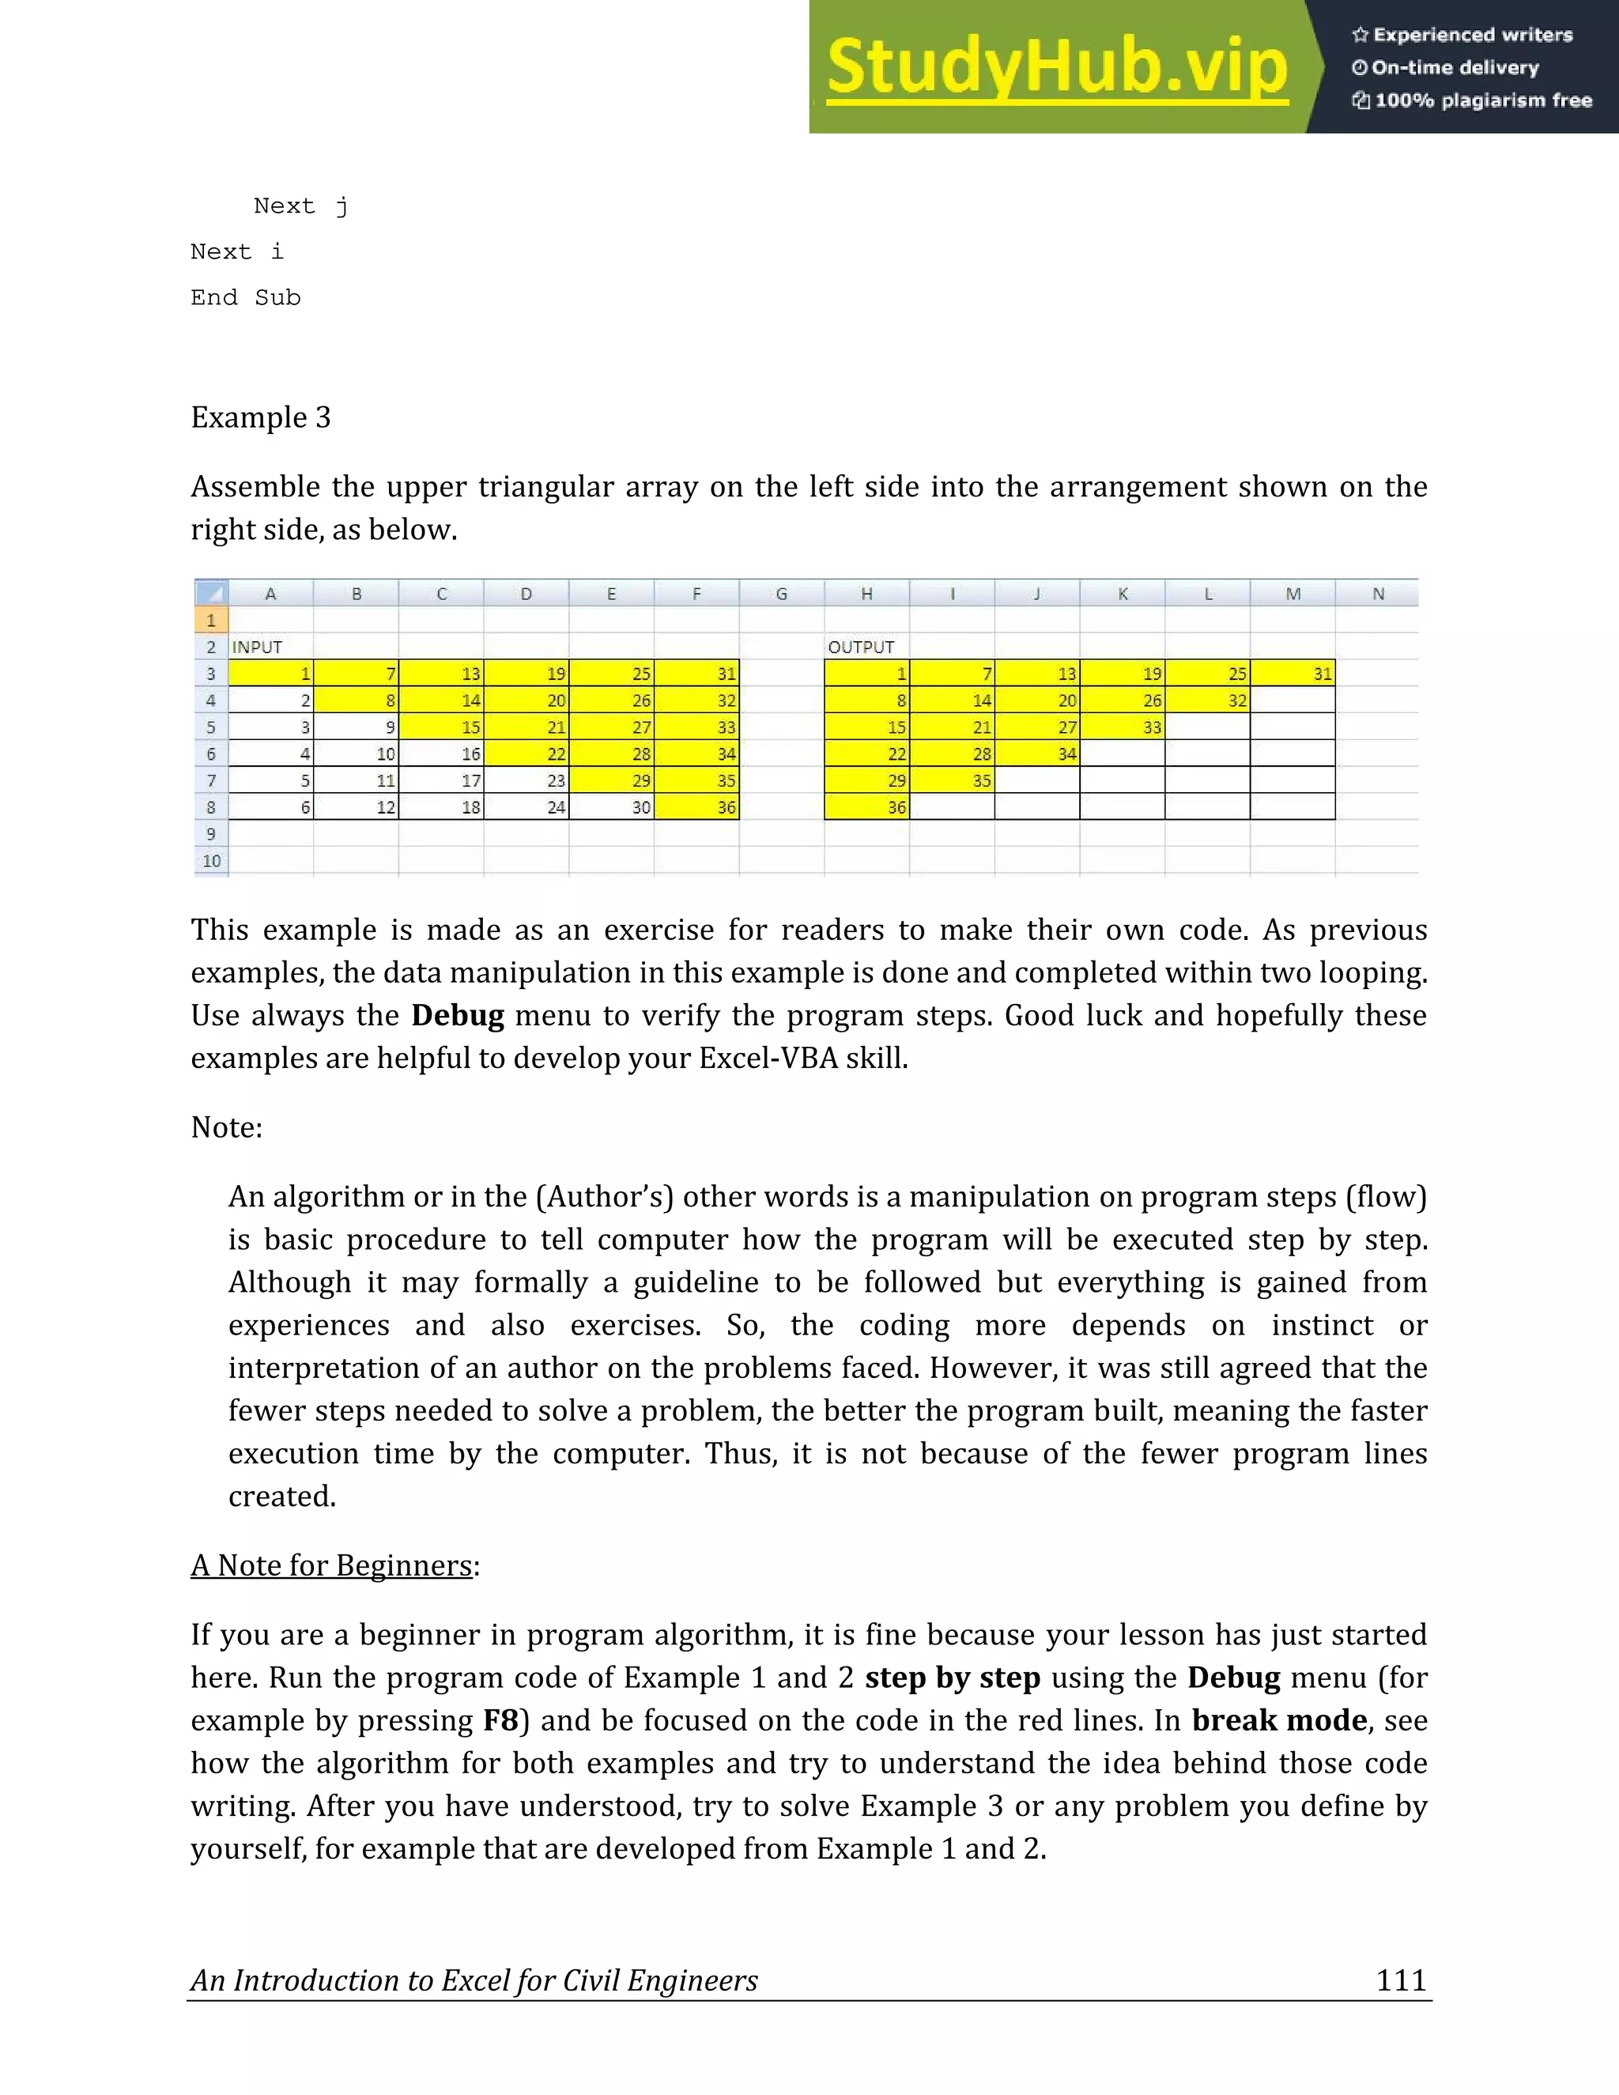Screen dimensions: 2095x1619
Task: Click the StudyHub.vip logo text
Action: (1056, 67)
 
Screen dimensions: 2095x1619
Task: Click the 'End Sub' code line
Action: (246, 297)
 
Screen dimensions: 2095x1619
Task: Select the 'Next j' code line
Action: (300, 206)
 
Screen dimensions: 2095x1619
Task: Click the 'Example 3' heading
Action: (261, 417)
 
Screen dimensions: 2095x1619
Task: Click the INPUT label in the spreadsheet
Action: (257, 647)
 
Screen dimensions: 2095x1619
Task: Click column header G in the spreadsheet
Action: (782, 594)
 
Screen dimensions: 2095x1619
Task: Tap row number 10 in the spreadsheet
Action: (211, 860)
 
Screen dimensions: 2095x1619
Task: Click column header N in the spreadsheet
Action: (1377, 594)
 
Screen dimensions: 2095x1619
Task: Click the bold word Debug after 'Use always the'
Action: (458, 1015)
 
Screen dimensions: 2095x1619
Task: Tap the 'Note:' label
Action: (226, 1127)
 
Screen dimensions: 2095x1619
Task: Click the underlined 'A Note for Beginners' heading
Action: (332, 1565)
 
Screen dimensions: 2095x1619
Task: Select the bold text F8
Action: (500, 1720)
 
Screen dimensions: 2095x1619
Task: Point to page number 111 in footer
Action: (1400, 1980)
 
